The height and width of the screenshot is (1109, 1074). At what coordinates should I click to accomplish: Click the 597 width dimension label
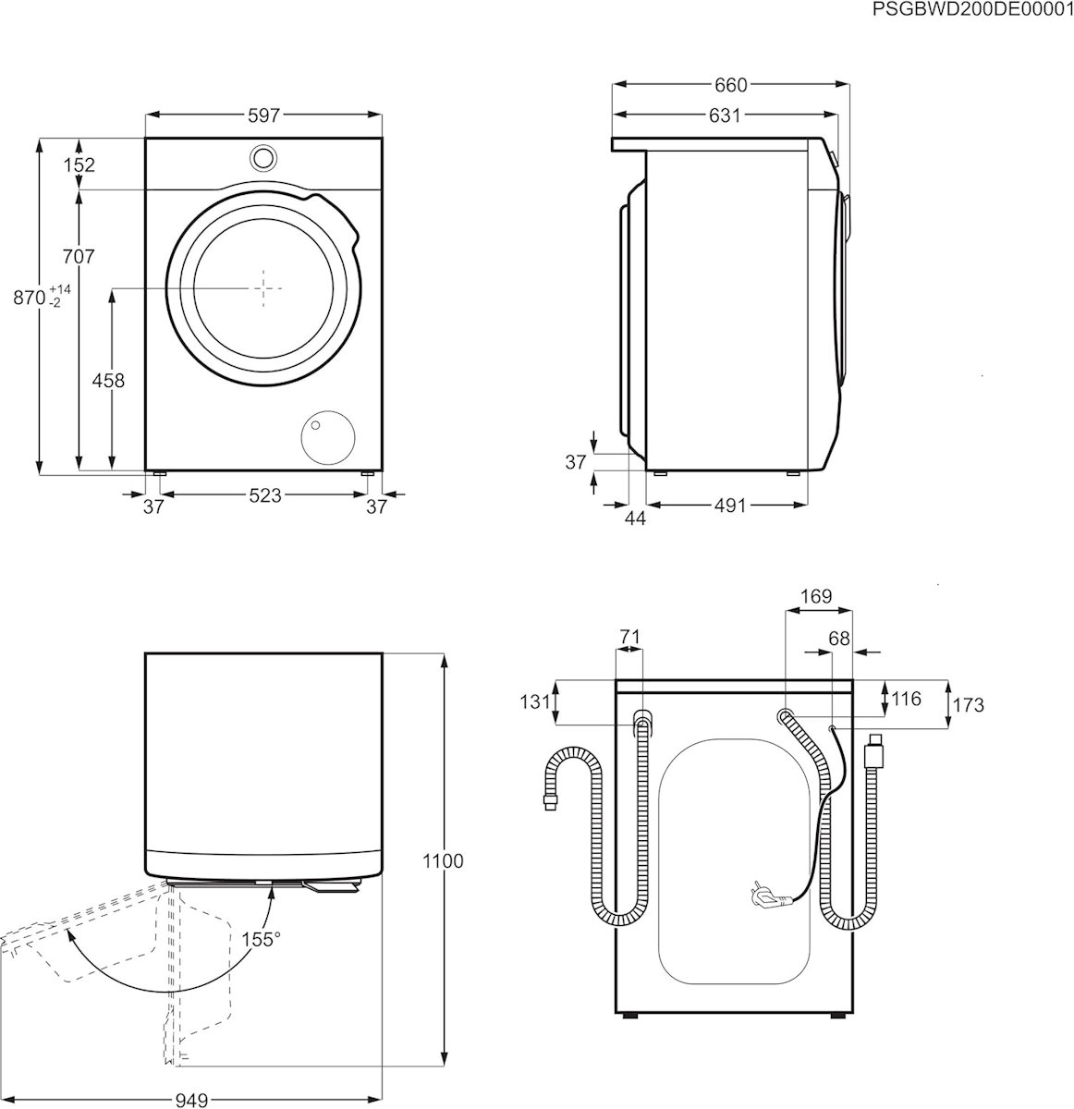tap(264, 116)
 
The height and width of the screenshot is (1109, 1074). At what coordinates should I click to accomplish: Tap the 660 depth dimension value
tap(730, 85)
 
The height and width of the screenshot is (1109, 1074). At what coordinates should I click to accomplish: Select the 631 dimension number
tap(725, 116)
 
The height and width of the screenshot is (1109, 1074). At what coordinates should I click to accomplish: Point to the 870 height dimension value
tap(29, 298)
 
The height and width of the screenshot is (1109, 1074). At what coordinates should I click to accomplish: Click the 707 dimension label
tap(78, 256)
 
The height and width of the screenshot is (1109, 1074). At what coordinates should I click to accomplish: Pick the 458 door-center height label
tap(108, 380)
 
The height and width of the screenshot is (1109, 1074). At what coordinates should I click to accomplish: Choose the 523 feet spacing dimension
tap(265, 495)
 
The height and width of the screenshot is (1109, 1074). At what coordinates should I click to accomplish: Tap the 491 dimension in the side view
tap(730, 505)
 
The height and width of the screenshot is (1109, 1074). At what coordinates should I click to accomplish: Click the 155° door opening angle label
tap(261, 939)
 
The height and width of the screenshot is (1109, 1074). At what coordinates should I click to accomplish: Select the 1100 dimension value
tap(443, 860)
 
